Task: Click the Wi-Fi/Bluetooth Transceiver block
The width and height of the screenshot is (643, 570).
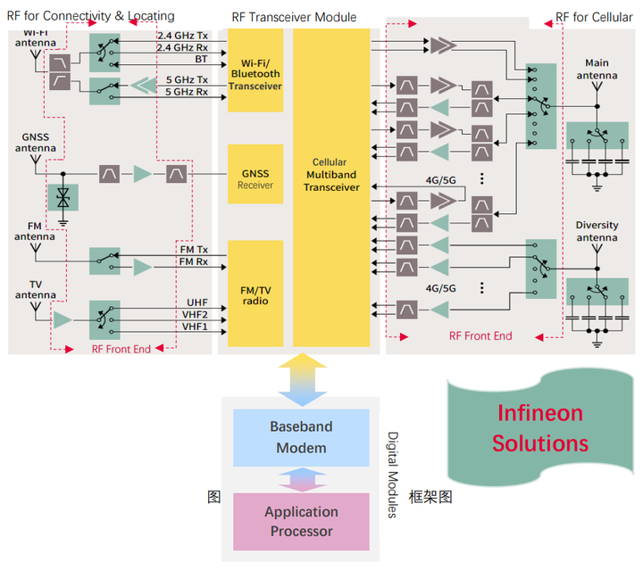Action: [x=255, y=70]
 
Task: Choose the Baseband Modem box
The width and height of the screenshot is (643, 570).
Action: [x=300, y=437]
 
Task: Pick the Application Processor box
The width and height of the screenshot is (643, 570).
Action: [x=301, y=521]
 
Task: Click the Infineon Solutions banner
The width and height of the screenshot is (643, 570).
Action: [x=539, y=428]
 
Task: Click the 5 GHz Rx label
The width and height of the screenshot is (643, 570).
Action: [x=187, y=91]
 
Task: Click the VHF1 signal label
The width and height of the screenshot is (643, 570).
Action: [x=195, y=326]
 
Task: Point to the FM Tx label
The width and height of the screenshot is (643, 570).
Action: [x=193, y=249]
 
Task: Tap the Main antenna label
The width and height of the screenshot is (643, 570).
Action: [x=597, y=70]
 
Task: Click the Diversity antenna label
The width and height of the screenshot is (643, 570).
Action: [x=597, y=232]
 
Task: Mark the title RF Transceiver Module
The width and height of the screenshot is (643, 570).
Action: [x=294, y=17]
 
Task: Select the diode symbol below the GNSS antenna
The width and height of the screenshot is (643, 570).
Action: [x=63, y=197]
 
